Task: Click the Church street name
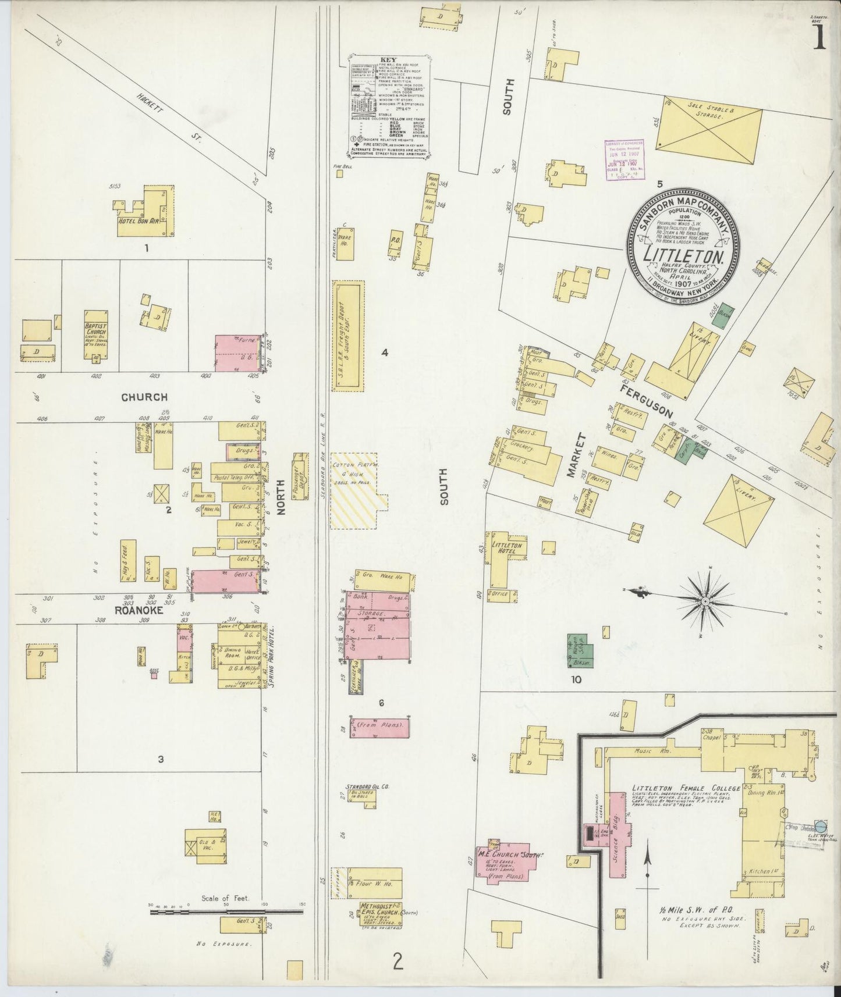(144, 397)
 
